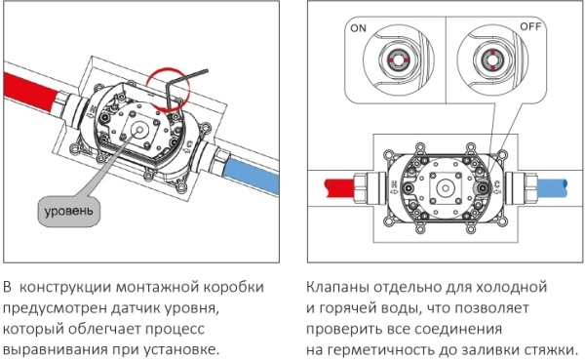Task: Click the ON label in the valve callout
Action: [x=358, y=28]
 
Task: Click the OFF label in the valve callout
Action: [x=530, y=26]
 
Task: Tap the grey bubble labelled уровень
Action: [x=69, y=212]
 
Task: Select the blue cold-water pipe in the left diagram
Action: [x=252, y=175]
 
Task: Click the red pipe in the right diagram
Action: [x=338, y=188]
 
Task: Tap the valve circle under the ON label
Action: [x=397, y=60]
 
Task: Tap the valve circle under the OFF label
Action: [x=491, y=60]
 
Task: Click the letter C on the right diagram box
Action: [x=496, y=183]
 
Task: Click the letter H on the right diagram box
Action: [x=394, y=183]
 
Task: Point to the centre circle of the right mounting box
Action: [x=446, y=188]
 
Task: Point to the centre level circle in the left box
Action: [x=139, y=130]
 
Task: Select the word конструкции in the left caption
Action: [x=65, y=288]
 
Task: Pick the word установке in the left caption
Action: [x=180, y=350]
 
